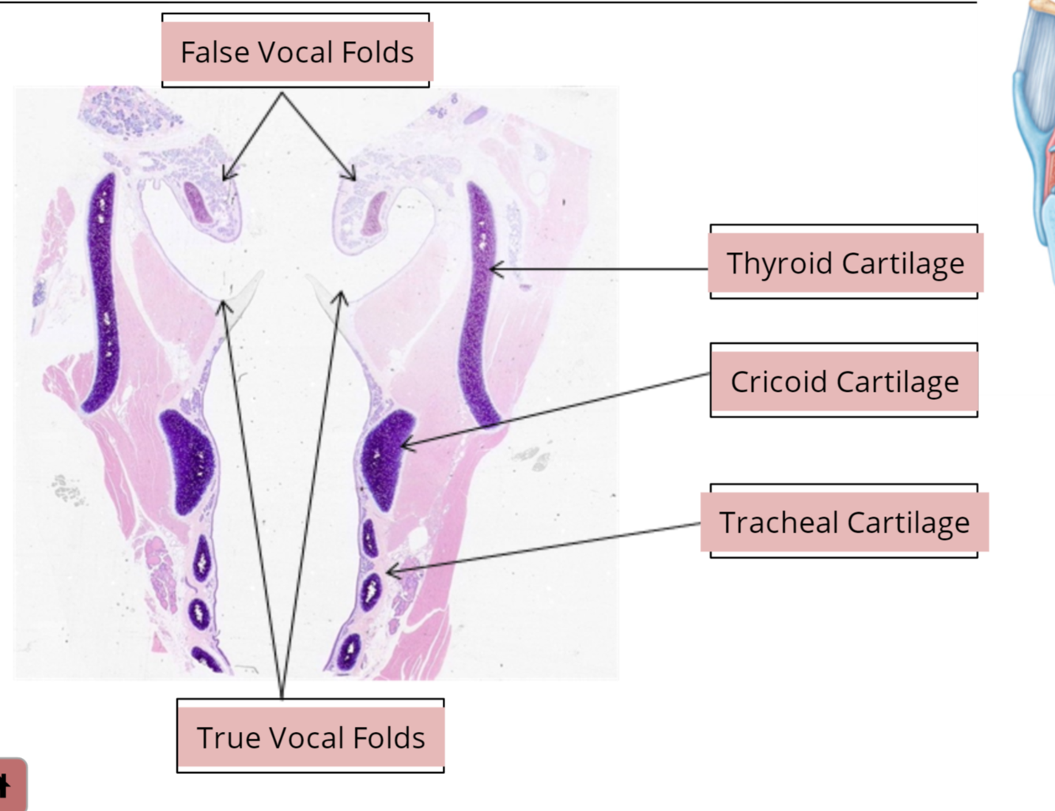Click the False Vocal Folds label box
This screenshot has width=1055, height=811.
click(x=297, y=52)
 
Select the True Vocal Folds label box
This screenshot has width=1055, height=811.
click(x=311, y=737)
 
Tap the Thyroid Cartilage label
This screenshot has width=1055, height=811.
click(x=845, y=263)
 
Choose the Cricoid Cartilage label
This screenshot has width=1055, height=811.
click(x=845, y=382)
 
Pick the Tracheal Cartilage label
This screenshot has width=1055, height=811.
click(x=845, y=522)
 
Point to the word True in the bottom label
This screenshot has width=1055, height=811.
click(x=225, y=737)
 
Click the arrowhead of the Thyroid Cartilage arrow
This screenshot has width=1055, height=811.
click(x=493, y=270)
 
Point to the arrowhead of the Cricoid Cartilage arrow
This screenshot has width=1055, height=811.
click(x=404, y=447)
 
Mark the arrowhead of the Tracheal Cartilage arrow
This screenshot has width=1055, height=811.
click(x=389, y=571)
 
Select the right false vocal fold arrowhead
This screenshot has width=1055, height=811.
click(x=354, y=178)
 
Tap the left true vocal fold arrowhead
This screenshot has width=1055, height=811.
click(x=225, y=304)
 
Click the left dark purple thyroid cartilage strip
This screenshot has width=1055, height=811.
click(x=101, y=292)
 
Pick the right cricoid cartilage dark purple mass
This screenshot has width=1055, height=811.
click(x=385, y=458)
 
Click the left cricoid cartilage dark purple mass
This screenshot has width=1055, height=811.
click(x=188, y=462)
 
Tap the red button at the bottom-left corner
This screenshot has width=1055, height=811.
click(x=11, y=785)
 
